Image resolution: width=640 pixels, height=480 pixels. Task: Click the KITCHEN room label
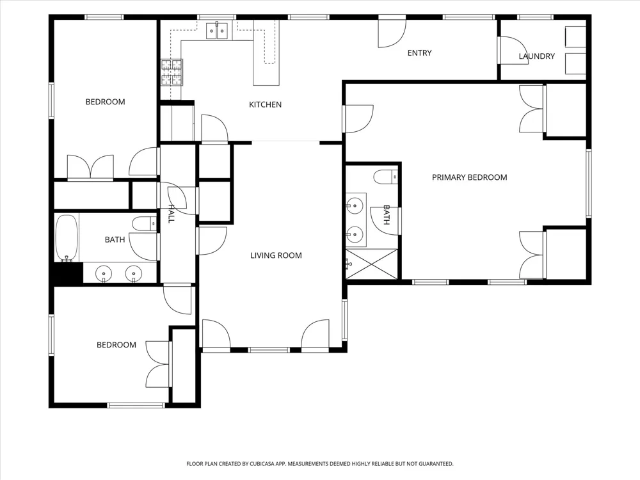pyautogui.click(x=266, y=105)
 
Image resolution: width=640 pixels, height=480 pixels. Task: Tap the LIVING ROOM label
pyautogui.click(x=276, y=255)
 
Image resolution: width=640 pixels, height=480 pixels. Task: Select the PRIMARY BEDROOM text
pyautogui.click(x=469, y=177)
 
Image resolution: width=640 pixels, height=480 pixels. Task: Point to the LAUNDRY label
pyautogui.click(x=537, y=56)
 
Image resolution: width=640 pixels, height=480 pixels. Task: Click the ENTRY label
pyautogui.click(x=420, y=53)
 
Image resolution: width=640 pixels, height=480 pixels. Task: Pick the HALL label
pyautogui.click(x=171, y=214)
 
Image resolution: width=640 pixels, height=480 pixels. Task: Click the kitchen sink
pyautogui.click(x=217, y=31)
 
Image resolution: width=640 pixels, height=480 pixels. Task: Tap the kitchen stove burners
pyautogui.click(x=172, y=72)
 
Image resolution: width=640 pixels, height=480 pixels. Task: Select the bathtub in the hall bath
pyautogui.click(x=67, y=238)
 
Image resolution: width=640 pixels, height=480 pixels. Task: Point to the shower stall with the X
pyautogui.click(x=371, y=264)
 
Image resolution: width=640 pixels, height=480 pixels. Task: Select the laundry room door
pyautogui.click(x=511, y=50)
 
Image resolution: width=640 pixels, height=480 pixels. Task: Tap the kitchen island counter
pyautogui.click(x=266, y=52)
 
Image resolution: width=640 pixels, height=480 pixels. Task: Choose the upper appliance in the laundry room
pyautogui.click(x=575, y=36)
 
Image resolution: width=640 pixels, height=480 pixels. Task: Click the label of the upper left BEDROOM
pyautogui.click(x=106, y=102)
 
